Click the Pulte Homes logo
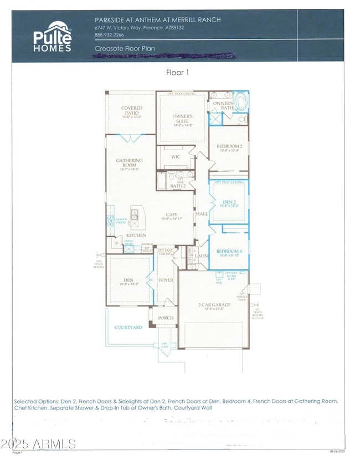tap(52, 37)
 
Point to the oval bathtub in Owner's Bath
tap(241, 103)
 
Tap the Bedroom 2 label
tap(229, 146)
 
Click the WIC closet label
tap(176, 157)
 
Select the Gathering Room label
tap(129, 163)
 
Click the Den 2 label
tap(229, 202)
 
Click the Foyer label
tap(166, 280)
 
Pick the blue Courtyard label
tap(128, 328)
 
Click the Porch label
tap(166, 318)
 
